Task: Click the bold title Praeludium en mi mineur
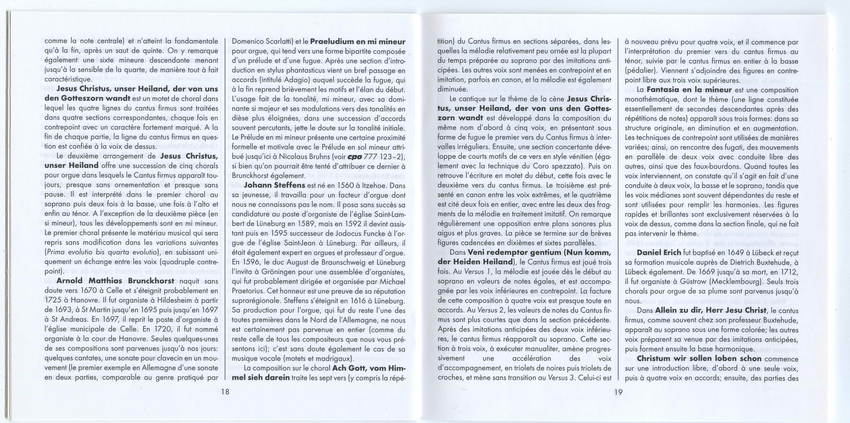(x=358, y=42)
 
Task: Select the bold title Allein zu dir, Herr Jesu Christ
(x=710, y=310)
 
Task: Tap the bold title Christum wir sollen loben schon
(x=699, y=358)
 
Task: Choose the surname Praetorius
(x=247, y=291)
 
